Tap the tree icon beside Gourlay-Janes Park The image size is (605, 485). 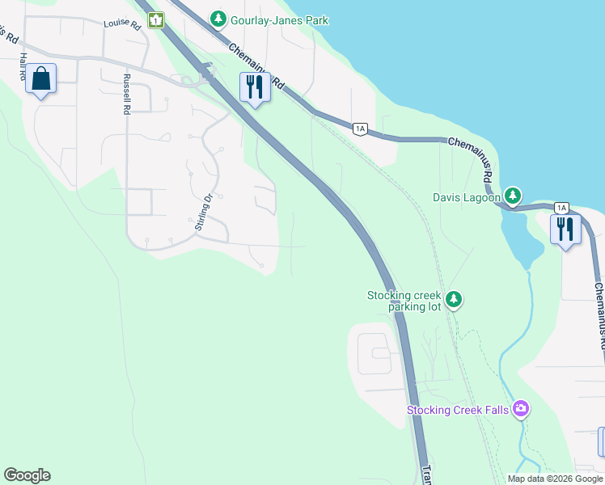218,18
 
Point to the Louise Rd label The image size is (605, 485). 122,25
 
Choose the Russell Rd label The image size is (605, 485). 127,95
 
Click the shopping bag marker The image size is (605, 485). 41,80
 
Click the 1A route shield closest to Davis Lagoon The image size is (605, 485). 561,208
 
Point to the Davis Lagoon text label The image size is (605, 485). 467,196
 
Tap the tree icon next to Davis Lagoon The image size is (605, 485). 512,196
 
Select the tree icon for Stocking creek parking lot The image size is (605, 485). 454,300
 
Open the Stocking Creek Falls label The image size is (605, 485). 458,410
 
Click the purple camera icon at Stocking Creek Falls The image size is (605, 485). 521,409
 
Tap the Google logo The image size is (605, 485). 27,475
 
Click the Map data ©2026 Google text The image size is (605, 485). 555,479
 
